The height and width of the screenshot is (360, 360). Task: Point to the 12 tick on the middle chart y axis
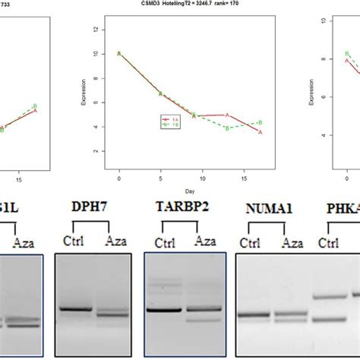[x=94, y=30]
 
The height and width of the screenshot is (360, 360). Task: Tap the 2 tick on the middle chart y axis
[x=94, y=151]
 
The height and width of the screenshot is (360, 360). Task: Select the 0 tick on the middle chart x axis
[x=119, y=178]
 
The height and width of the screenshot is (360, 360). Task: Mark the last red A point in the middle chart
[x=261, y=132]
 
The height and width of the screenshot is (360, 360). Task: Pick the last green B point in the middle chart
[x=261, y=122]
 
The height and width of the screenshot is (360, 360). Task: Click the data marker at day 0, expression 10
[x=119, y=54]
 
